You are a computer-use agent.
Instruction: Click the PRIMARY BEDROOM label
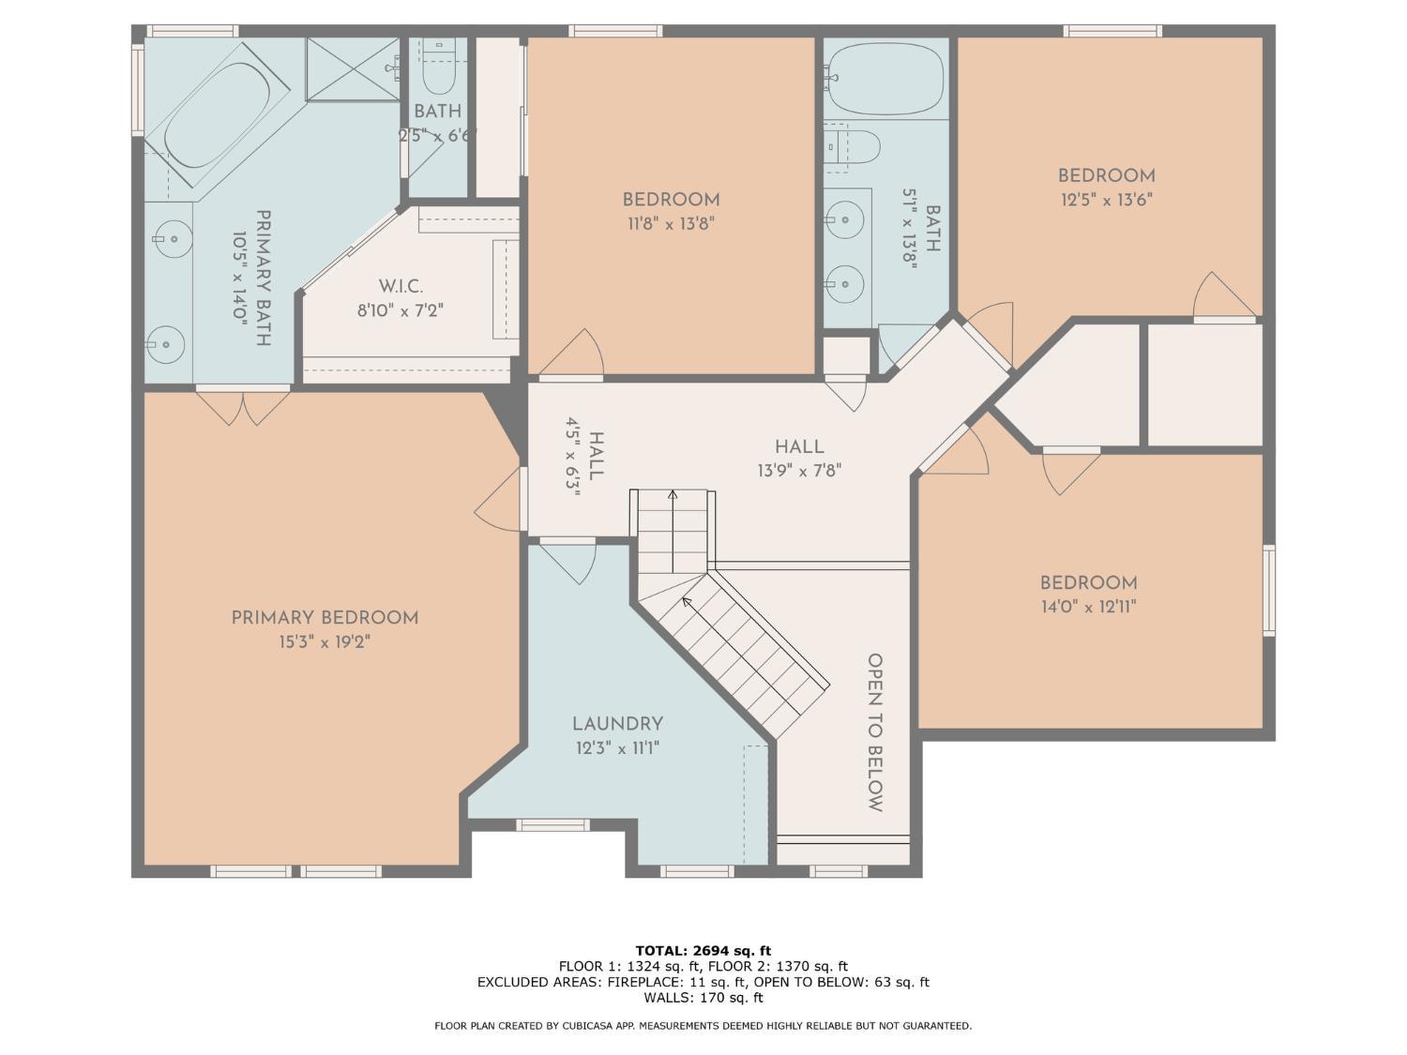click(325, 618)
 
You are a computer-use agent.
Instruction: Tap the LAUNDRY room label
click(617, 724)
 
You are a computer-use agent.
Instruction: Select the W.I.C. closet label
click(401, 286)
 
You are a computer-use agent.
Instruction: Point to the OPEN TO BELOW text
click(874, 732)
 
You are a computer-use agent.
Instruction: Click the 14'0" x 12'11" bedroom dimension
click(1088, 607)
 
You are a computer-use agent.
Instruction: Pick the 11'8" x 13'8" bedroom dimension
click(671, 224)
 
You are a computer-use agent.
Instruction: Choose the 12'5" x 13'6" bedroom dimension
click(1106, 200)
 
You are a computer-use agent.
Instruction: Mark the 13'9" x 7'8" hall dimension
click(799, 471)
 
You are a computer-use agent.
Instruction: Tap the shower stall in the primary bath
click(353, 68)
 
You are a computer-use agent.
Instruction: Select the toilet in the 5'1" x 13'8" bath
click(855, 146)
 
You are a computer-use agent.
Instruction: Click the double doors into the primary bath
click(243, 405)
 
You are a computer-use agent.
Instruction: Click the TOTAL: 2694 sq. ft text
click(703, 951)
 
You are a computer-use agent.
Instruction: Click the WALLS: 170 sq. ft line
click(703, 997)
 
